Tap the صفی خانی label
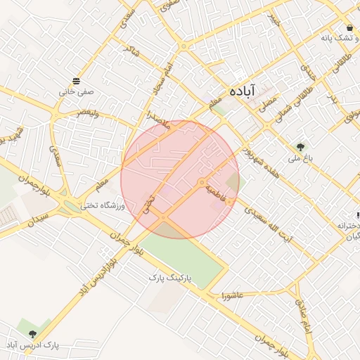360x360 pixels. tap(76, 91)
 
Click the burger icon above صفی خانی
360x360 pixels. tap(76, 79)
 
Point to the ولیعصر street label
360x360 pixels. tap(94, 112)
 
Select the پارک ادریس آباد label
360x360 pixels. tap(32, 345)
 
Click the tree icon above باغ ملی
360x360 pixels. tap(301, 147)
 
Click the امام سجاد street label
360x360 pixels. tap(156, 80)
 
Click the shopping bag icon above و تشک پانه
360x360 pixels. tap(349, 27)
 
